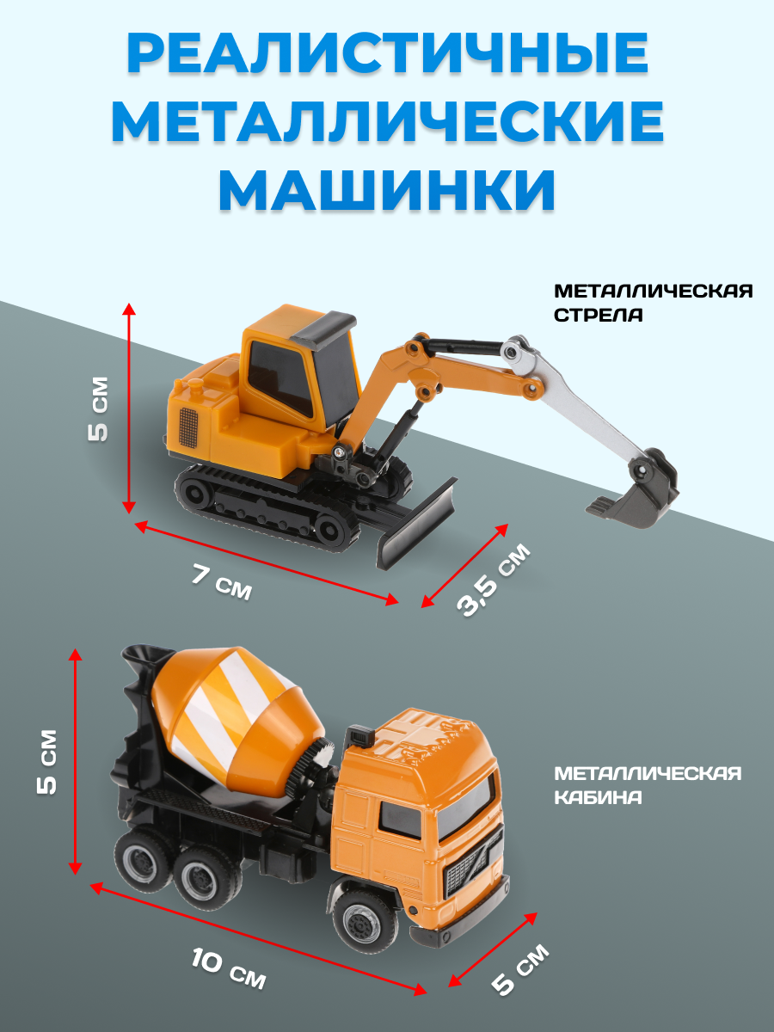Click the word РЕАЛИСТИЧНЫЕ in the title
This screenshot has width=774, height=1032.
click(x=387, y=55)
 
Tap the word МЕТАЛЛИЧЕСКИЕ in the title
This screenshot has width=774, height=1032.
click(x=387, y=121)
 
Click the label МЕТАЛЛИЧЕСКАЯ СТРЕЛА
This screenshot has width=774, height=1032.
click(x=653, y=303)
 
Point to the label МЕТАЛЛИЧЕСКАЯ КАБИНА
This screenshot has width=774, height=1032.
click(x=647, y=785)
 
